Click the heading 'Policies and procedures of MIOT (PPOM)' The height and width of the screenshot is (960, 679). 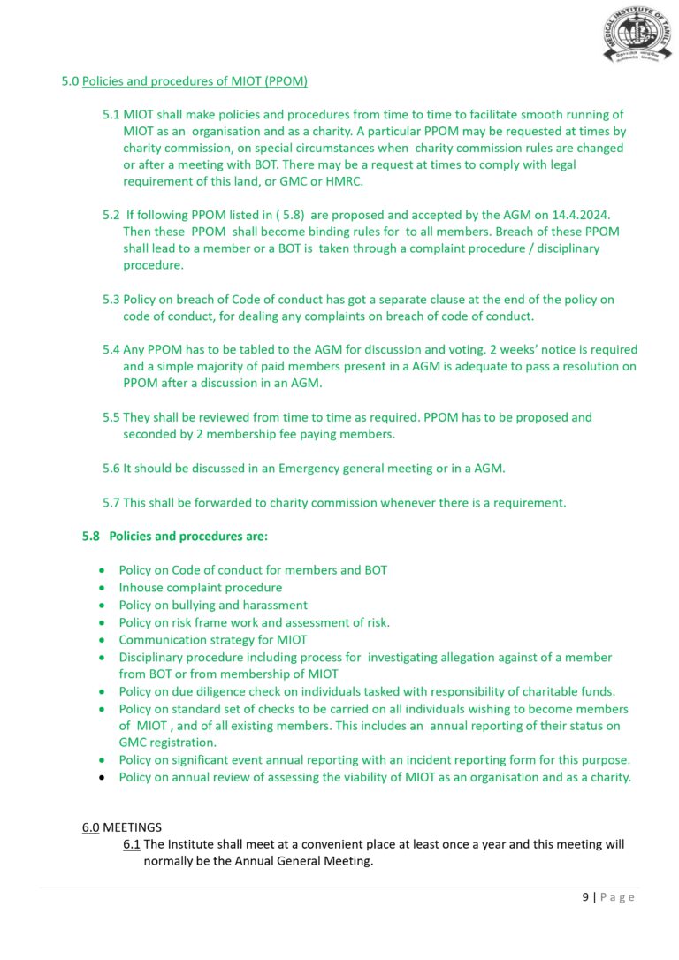195,81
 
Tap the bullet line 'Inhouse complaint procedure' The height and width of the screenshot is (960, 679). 201,587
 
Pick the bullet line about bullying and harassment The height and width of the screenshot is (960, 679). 213,605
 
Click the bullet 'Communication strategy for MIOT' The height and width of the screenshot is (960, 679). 213,639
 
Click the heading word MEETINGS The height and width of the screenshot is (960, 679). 133,827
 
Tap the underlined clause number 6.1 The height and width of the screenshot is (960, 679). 132,844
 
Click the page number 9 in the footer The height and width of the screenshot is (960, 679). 585,896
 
